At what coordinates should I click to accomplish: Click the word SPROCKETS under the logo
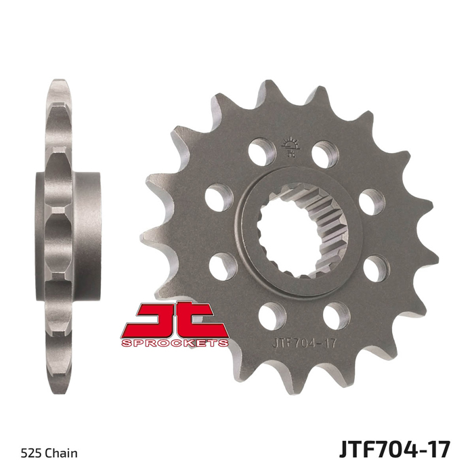point(175,343)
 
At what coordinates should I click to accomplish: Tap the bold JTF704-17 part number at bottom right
point(395,450)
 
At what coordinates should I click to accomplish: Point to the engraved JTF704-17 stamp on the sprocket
point(305,344)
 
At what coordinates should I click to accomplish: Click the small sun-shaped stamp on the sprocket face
point(290,147)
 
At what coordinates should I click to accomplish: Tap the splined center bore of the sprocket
point(302,232)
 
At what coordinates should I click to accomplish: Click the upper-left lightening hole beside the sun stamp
point(262,152)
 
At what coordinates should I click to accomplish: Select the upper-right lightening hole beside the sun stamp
point(325,154)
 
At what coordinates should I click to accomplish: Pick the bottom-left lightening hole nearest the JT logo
point(272,316)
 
